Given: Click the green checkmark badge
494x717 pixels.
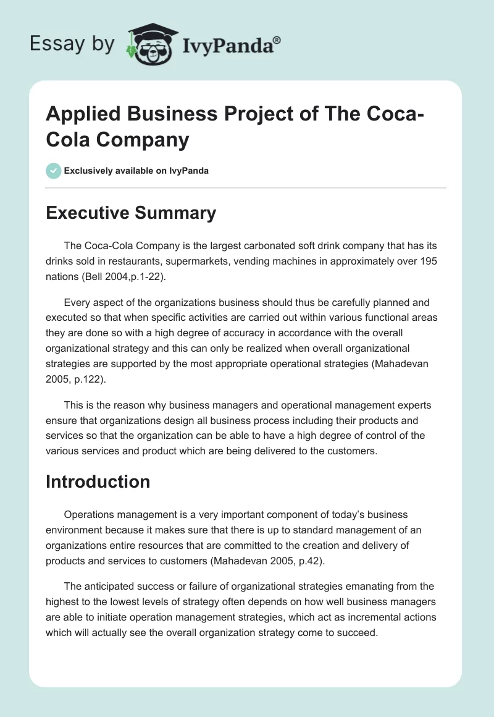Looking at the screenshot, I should point(54,171).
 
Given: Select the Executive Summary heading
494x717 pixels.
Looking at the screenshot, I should point(131,213).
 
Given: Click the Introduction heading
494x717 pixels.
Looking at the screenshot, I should point(98,482).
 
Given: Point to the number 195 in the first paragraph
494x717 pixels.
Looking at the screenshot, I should point(429,261).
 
